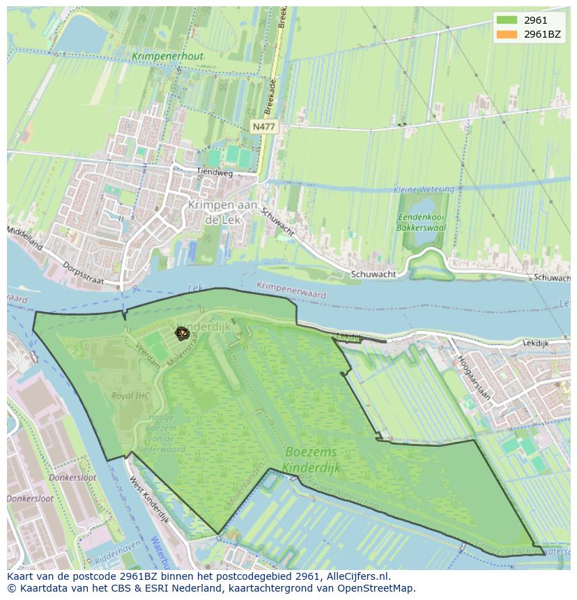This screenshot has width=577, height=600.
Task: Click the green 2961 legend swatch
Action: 507,20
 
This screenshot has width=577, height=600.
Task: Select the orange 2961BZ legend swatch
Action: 507,34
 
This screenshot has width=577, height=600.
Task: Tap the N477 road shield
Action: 263,127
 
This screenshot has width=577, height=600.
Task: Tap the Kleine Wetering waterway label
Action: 423,190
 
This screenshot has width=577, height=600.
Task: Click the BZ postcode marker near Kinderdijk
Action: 182,333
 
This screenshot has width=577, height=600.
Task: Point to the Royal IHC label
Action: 130,396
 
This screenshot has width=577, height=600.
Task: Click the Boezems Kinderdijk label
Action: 311,460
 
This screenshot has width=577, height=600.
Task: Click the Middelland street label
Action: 25,238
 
